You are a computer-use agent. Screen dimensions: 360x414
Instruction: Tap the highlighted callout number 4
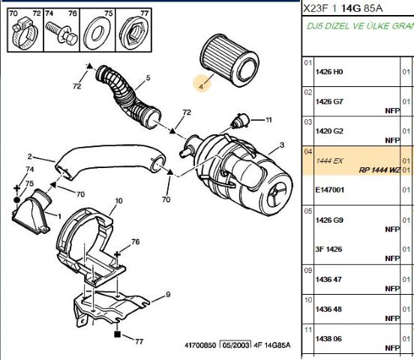pos(201,85)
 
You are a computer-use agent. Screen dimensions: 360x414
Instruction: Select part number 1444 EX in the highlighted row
pos(329,160)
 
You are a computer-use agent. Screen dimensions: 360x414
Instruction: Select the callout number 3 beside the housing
pos(280,145)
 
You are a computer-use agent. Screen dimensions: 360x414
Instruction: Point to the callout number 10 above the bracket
pos(117,202)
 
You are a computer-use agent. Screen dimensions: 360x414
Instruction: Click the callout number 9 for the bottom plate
pos(169,294)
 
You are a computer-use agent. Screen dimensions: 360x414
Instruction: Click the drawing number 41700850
pos(200,346)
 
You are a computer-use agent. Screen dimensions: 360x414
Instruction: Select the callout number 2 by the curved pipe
pos(30,157)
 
